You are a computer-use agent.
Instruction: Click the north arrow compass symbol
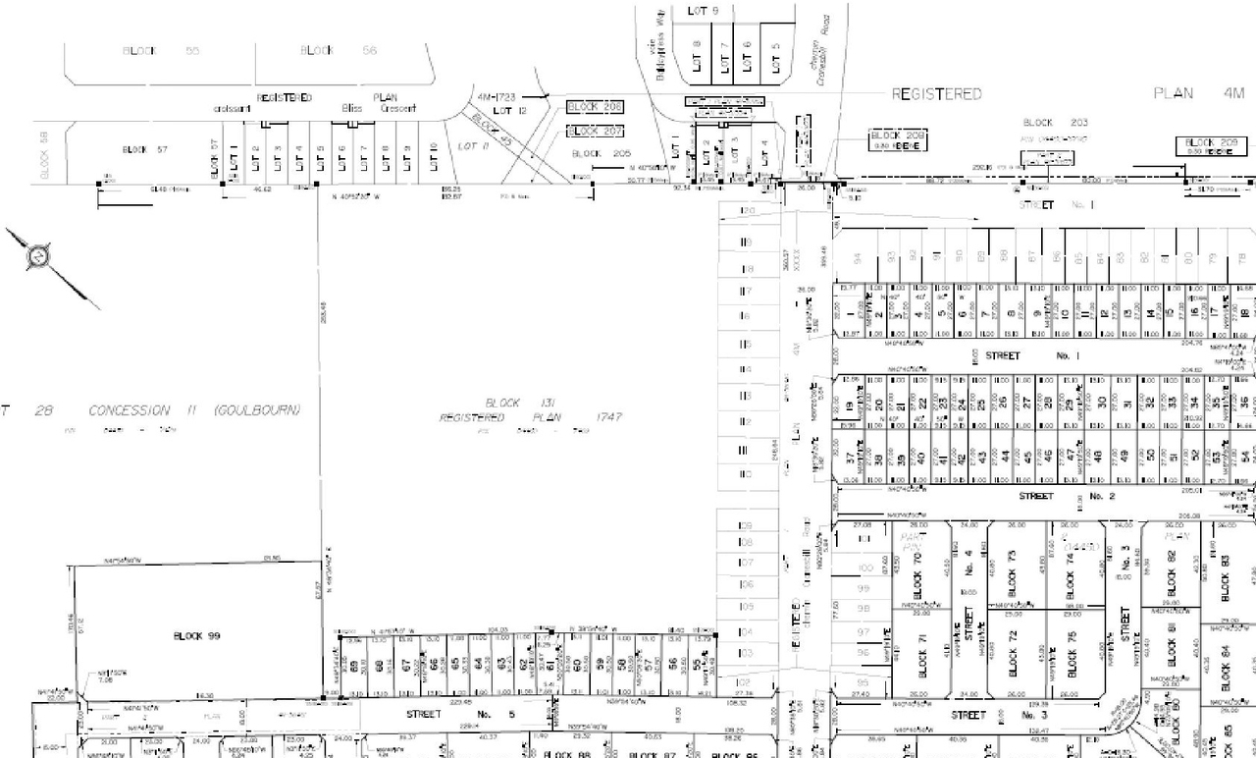(37, 255)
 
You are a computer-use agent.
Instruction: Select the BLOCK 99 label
(196, 636)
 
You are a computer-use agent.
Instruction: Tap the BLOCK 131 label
(502, 404)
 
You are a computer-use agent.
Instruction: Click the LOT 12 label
(503, 112)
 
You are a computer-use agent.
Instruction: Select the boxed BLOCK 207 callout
(596, 131)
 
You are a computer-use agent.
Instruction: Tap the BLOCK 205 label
(601, 154)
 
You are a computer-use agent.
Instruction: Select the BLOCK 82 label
(1172, 573)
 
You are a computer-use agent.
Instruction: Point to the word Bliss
(351, 108)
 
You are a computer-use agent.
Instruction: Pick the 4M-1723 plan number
(497, 98)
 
